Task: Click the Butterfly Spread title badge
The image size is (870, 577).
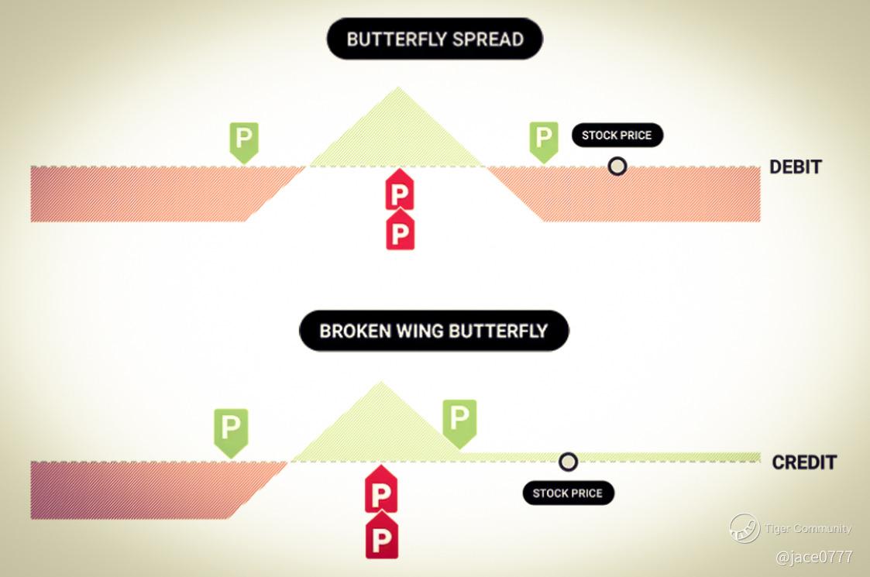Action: point(435,39)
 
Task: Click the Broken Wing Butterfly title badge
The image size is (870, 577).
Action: point(434,331)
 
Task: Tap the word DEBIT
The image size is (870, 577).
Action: point(796,167)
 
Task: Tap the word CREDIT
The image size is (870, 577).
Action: point(804,462)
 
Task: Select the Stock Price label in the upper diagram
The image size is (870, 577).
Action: point(617,136)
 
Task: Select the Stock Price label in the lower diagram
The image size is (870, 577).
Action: point(568,493)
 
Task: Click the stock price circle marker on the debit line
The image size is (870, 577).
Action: point(617,166)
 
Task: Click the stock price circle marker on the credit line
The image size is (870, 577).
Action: point(568,462)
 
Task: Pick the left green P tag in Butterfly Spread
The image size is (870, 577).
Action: point(244,141)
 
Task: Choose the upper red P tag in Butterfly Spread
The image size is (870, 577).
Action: point(400,190)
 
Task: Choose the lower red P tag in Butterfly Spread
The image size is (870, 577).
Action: point(400,231)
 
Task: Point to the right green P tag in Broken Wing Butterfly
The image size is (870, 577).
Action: point(459,421)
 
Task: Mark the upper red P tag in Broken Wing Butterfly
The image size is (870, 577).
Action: point(380,492)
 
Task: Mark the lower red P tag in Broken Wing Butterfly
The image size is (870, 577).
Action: point(381,538)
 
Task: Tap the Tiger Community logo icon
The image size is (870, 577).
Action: point(744,528)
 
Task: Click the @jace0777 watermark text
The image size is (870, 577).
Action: point(813,557)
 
